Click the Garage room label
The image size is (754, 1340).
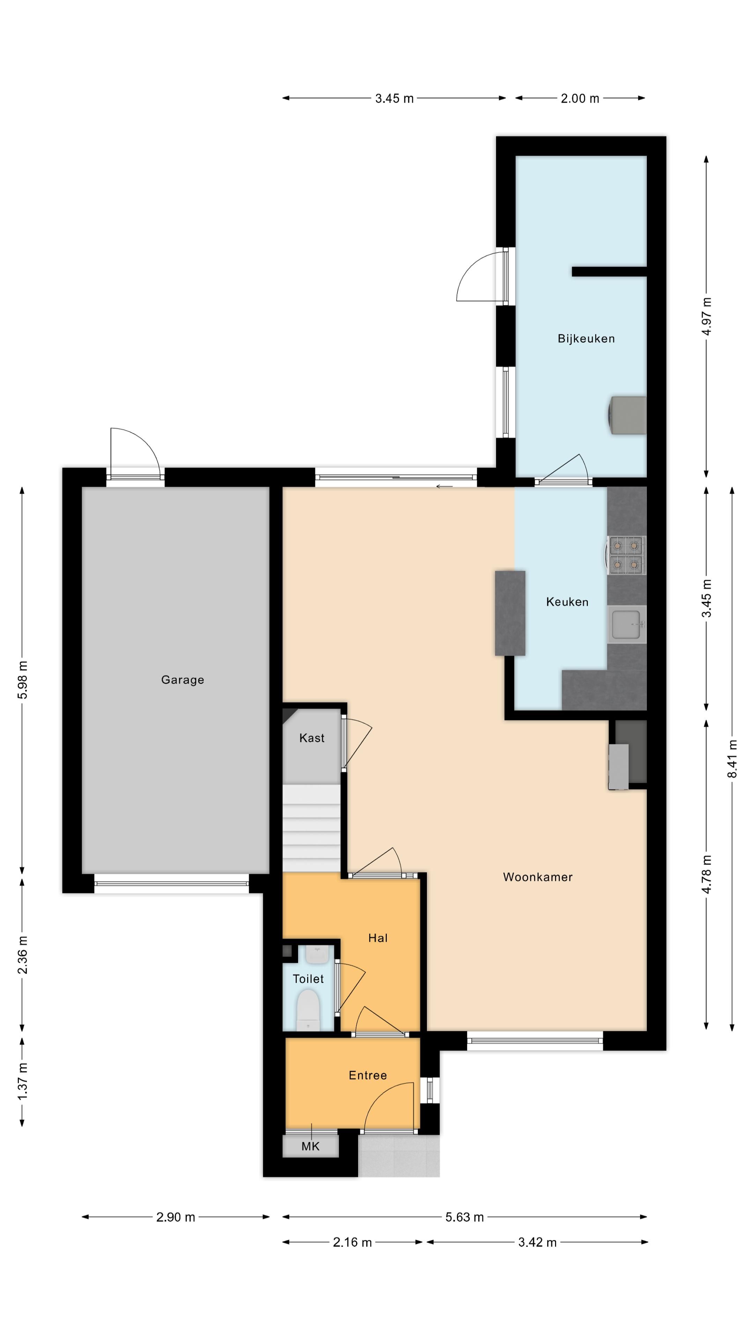tap(182, 679)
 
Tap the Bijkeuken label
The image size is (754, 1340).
tap(586, 338)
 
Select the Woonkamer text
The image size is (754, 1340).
tap(538, 877)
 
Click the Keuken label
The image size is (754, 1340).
tap(567, 602)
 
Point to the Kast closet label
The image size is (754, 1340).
tap(312, 738)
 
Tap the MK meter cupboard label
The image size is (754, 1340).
tap(310, 1146)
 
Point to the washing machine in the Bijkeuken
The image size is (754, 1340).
tap(628, 415)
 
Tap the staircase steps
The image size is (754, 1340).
tap(311, 828)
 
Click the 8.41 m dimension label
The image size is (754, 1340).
tap(732, 758)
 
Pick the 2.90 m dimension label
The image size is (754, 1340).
tap(175, 1217)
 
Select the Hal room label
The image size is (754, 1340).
tap(378, 938)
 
